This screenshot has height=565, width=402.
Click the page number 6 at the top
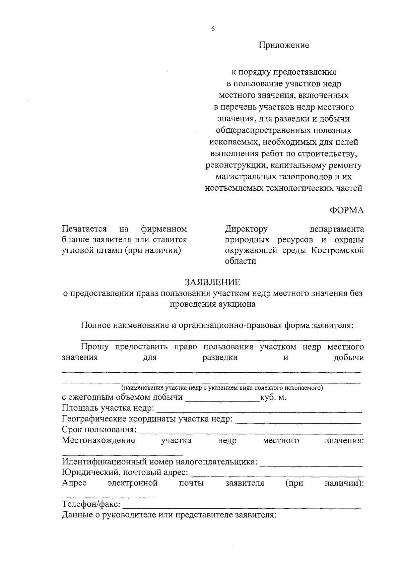pyautogui.click(x=213, y=29)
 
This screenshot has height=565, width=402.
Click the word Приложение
pyautogui.click(x=283, y=45)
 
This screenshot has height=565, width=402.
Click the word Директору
pyautogui.click(x=246, y=229)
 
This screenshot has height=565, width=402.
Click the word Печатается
pyautogui.click(x=84, y=229)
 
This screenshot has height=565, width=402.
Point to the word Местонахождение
pyautogui.click(x=98, y=440)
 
